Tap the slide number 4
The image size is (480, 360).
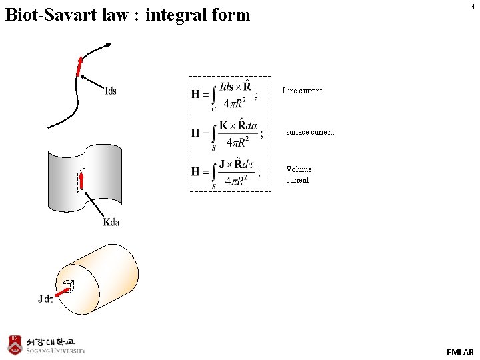pyautogui.click(x=473, y=6)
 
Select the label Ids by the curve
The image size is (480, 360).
pyautogui.click(x=110, y=90)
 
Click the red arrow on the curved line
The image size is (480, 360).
pyautogui.click(x=79, y=65)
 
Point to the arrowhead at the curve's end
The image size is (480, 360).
pyautogui.click(x=108, y=45)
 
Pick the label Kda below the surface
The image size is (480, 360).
pyautogui.click(x=111, y=222)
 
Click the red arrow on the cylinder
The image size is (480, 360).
pyautogui.click(x=63, y=289)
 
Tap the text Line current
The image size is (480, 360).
pyautogui.click(x=302, y=91)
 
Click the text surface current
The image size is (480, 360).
pyautogui.click(x=310, y=132)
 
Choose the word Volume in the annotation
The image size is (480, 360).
pyautogui.click(x=299, y=169)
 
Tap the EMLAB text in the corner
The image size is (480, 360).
pyautogui.click(x=460, y=352)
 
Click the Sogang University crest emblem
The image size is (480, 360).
pyautogui.click(x=15, y=344)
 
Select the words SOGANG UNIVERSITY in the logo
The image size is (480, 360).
pyautogui.click(x=56, y=351)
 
